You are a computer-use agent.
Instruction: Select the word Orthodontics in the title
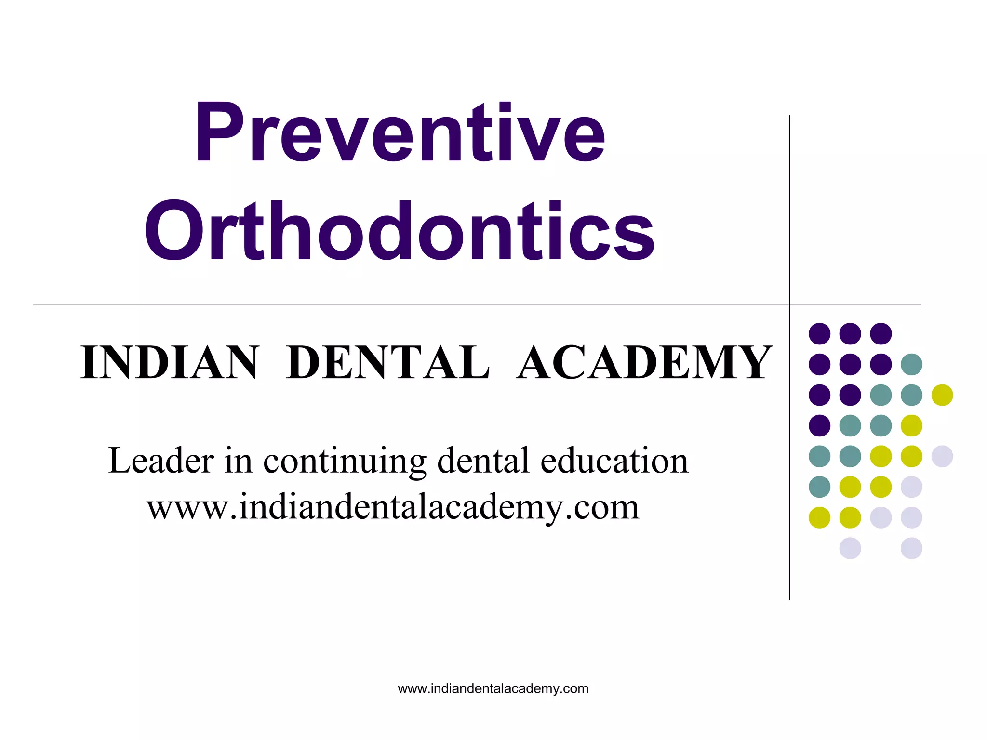point(400,231)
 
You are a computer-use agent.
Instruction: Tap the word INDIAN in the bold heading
point(170,362)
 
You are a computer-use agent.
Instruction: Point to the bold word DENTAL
point(388,362)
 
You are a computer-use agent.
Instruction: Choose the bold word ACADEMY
point(644,362)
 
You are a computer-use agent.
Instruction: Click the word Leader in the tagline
point(161,461)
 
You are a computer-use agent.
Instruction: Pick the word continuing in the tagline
point(345,462)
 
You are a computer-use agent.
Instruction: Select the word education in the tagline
point(614,461)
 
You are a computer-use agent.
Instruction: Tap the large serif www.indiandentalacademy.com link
point(393,507)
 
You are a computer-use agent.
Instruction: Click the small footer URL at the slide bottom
point(493,688)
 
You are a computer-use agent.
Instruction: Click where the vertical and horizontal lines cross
point(789,304)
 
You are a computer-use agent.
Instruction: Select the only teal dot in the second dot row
point(911,364)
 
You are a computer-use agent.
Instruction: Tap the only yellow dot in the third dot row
point(942,395)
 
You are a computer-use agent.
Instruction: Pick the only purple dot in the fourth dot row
point(819,425)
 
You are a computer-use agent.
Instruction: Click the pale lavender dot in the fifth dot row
point(942,456)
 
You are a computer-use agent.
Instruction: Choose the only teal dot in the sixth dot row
point(819,487)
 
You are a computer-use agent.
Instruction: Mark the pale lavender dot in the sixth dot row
point(911,487)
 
